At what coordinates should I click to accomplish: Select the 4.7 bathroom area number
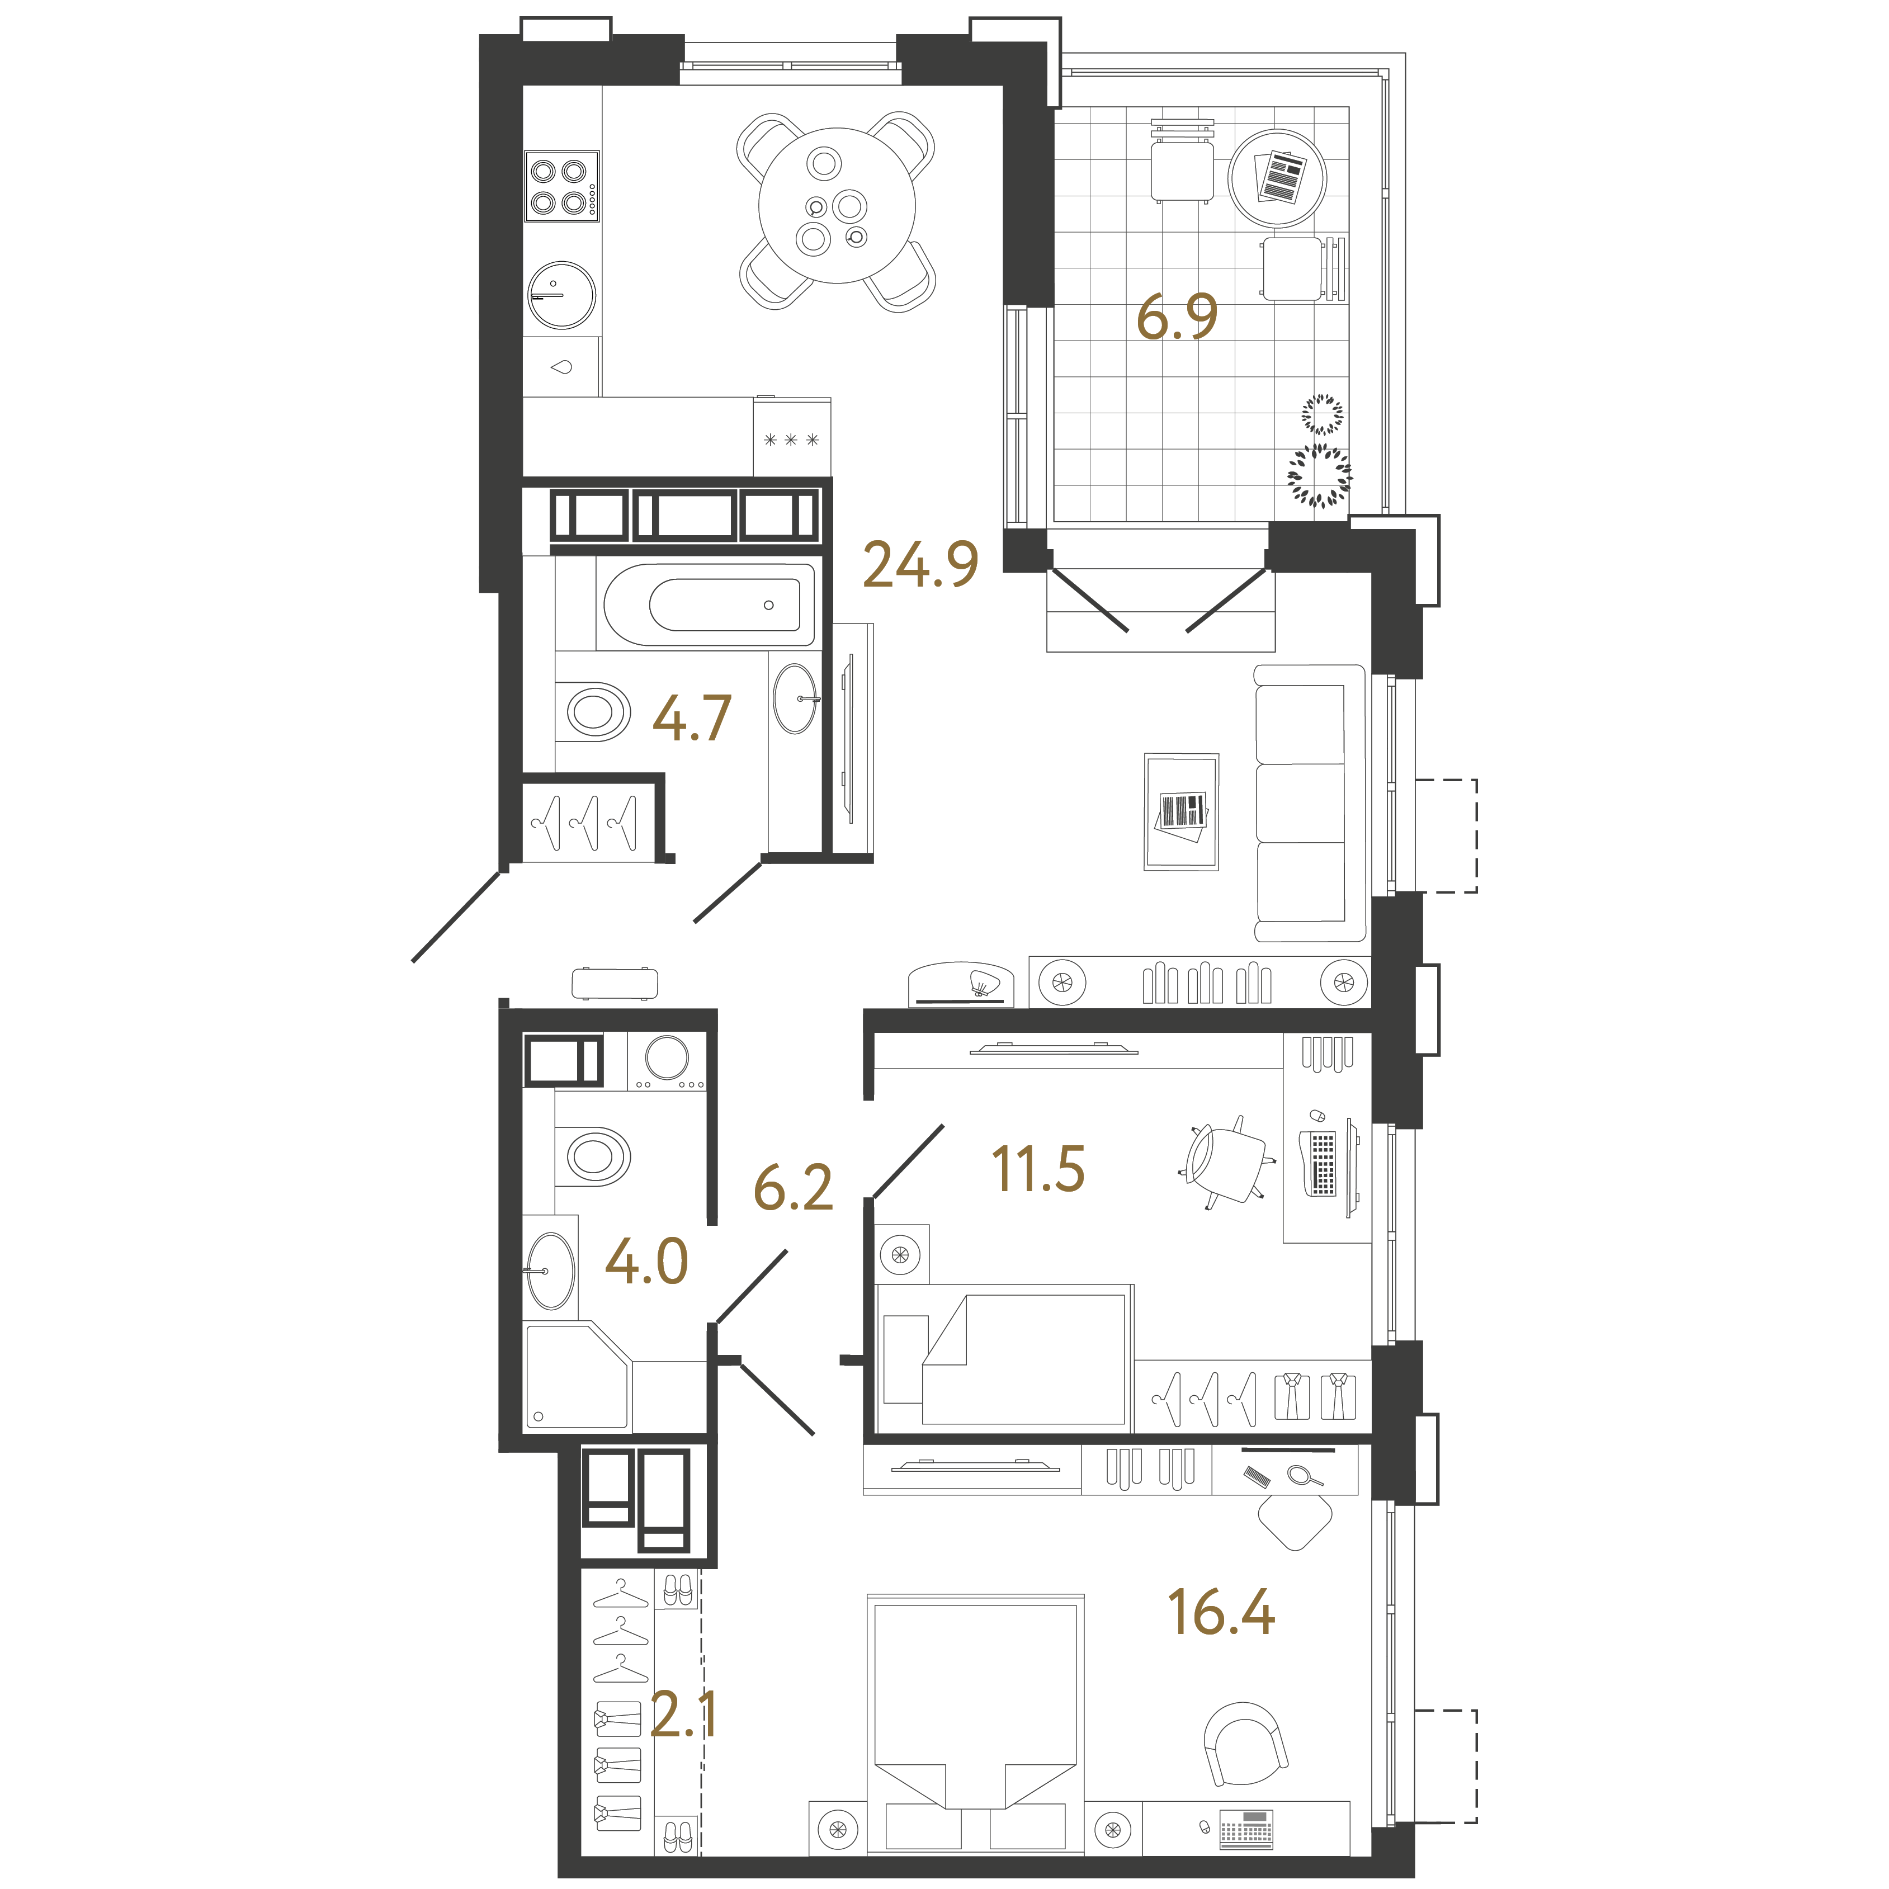point(691,719)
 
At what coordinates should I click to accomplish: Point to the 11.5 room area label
point(1037,1169)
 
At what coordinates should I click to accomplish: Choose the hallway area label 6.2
point(793,1188)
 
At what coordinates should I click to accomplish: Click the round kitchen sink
point(561,294)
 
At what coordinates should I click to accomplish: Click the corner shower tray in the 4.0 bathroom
point(577,1376)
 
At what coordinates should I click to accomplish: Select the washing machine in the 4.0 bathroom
point(667,1061)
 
